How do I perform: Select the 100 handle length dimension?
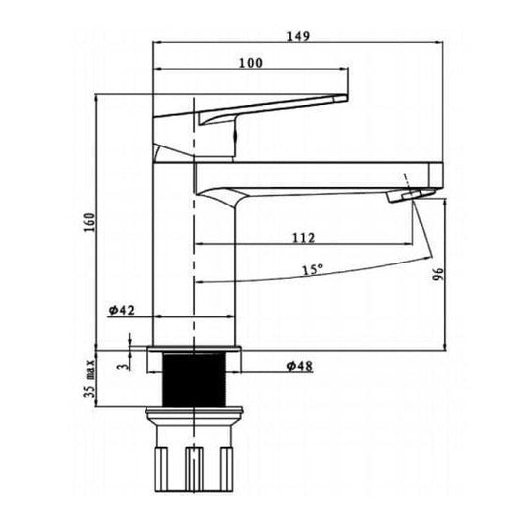251,63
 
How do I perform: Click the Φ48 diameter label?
300,366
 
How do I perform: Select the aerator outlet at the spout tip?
413,195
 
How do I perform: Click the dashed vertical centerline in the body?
197,295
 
